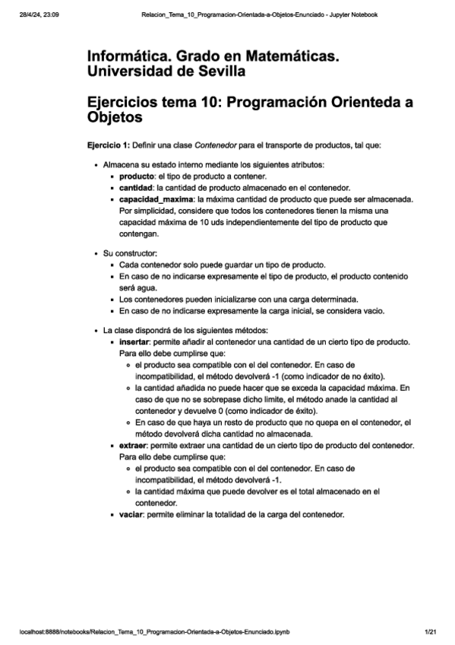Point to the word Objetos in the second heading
pyautogui.click(x=115, y=119)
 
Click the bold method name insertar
pyautogui.click(x=137, y=343)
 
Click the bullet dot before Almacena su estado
pyautogui.click(x=95, y=164)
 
